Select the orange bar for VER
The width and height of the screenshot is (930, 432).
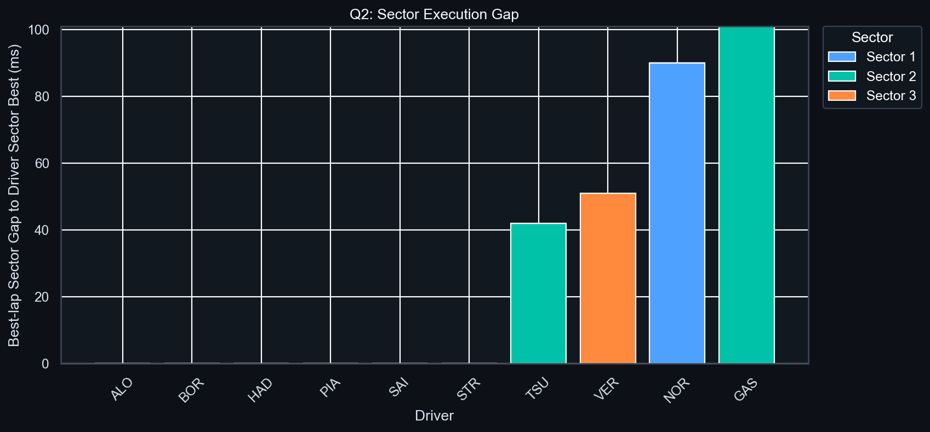click(x=608, y=278)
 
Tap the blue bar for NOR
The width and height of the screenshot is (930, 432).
click(x=677, y=213)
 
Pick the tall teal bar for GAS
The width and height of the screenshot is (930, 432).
click(x=746, y=195)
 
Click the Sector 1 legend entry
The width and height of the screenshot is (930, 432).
click(x=872, y=57)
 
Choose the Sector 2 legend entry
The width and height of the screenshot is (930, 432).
click(x=872, y=77)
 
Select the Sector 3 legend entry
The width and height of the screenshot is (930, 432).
click(x=872, y=96)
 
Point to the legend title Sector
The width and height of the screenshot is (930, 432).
click(x=872, y=37)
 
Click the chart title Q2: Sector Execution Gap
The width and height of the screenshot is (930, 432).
click(x=434, y=14)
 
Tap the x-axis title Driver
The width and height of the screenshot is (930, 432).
click(x=434, y=416)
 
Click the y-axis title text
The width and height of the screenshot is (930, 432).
click(x=14, y=195)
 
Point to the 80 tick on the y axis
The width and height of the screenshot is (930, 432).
click(x=42, y=96)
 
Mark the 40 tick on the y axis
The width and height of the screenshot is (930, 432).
click(x=42, y=230)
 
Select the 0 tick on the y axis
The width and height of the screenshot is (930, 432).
click(x=45, y=364)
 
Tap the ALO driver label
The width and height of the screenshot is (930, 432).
click(x=122, y=389)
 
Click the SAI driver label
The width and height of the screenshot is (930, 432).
click(x=400, y=389)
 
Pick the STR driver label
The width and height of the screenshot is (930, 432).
click(x=469, y=389)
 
